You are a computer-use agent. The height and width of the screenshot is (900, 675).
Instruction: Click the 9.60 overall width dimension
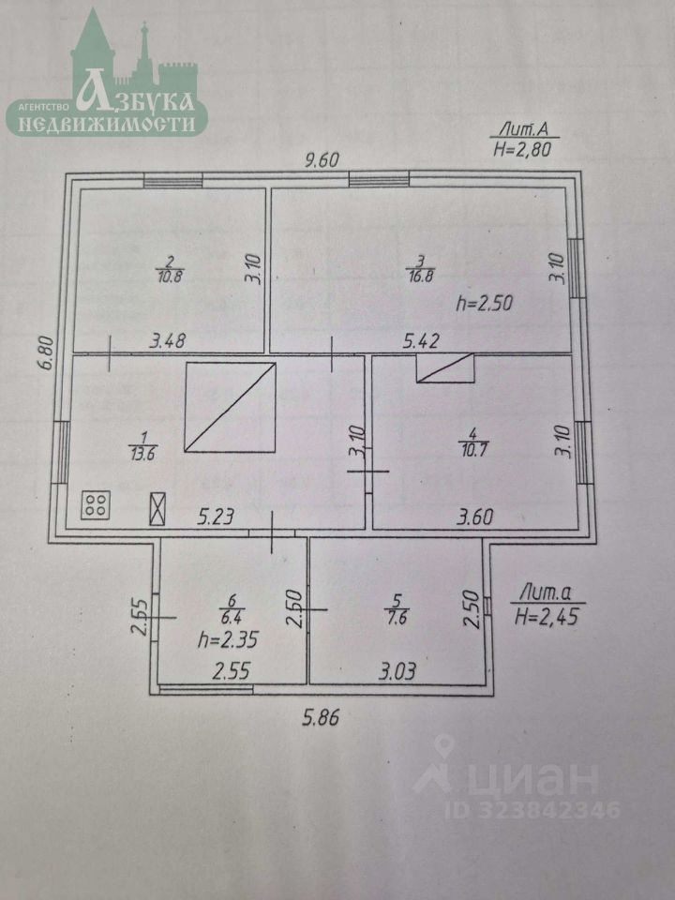321,159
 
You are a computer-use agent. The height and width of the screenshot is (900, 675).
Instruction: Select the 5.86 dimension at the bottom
321,719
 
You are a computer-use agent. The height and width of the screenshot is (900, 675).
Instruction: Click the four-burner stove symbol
96,507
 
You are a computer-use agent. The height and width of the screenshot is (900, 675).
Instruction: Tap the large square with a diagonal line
231,408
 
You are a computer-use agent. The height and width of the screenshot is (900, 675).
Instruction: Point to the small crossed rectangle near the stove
158,509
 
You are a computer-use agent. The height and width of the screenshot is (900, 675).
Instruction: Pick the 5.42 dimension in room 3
421,343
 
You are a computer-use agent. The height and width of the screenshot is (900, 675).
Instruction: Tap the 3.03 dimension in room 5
397,671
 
